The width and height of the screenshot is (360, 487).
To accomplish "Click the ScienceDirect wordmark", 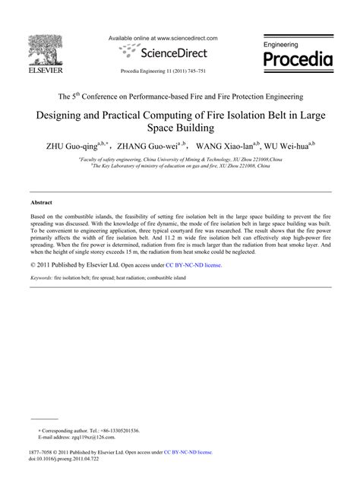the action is [168, 52].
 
